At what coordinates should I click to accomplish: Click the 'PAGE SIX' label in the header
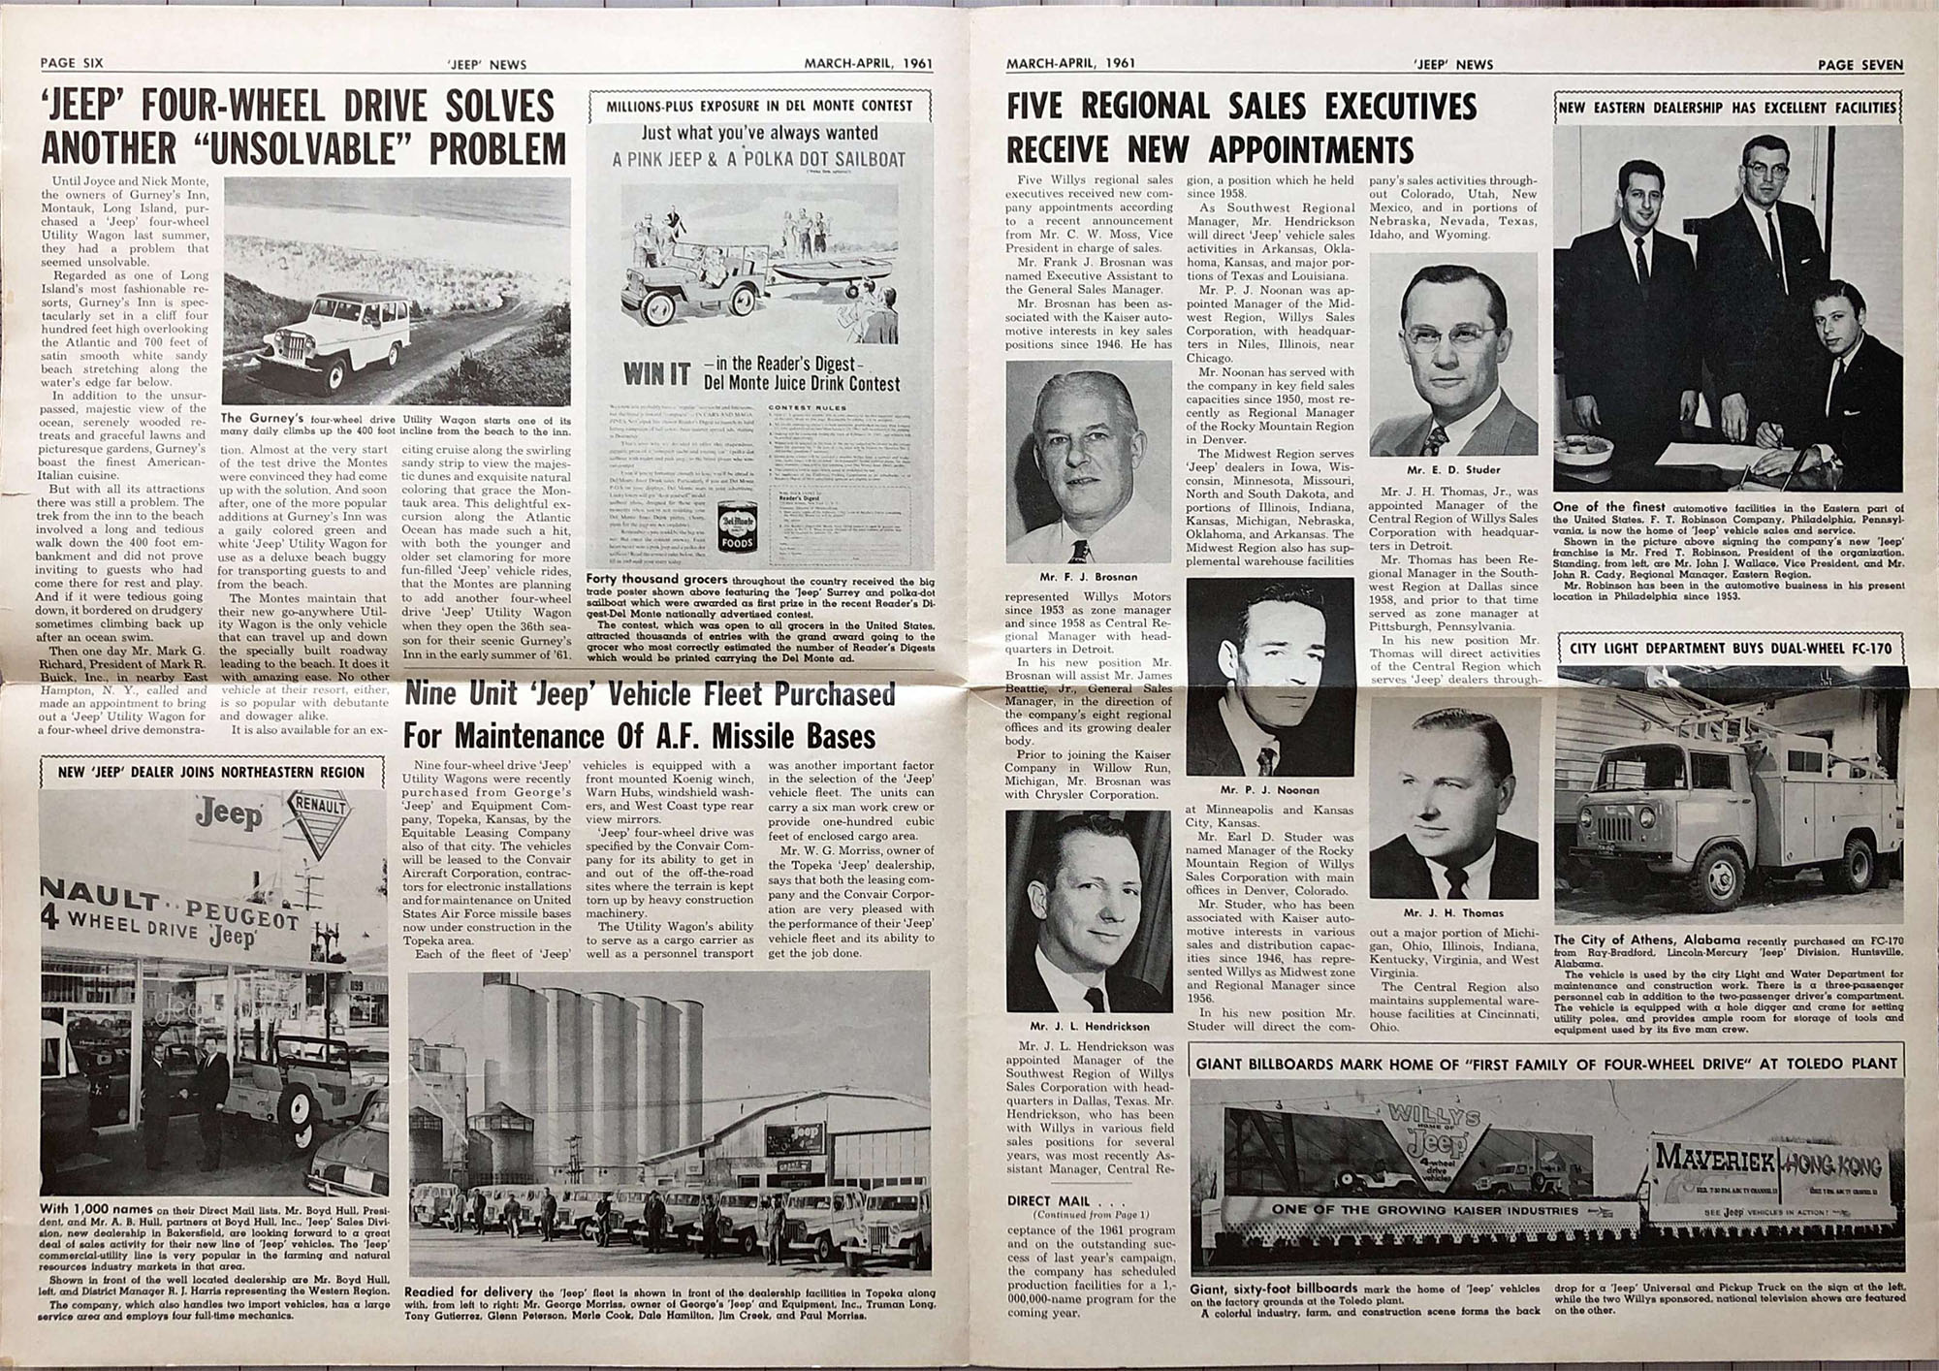[x=72, y=63]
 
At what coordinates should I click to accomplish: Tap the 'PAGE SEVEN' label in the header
[x=1860, y=65]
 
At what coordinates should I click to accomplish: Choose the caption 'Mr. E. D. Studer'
[x=1453, y=469]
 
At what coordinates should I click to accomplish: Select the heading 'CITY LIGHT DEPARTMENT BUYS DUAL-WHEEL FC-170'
[x=1728, y=649]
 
